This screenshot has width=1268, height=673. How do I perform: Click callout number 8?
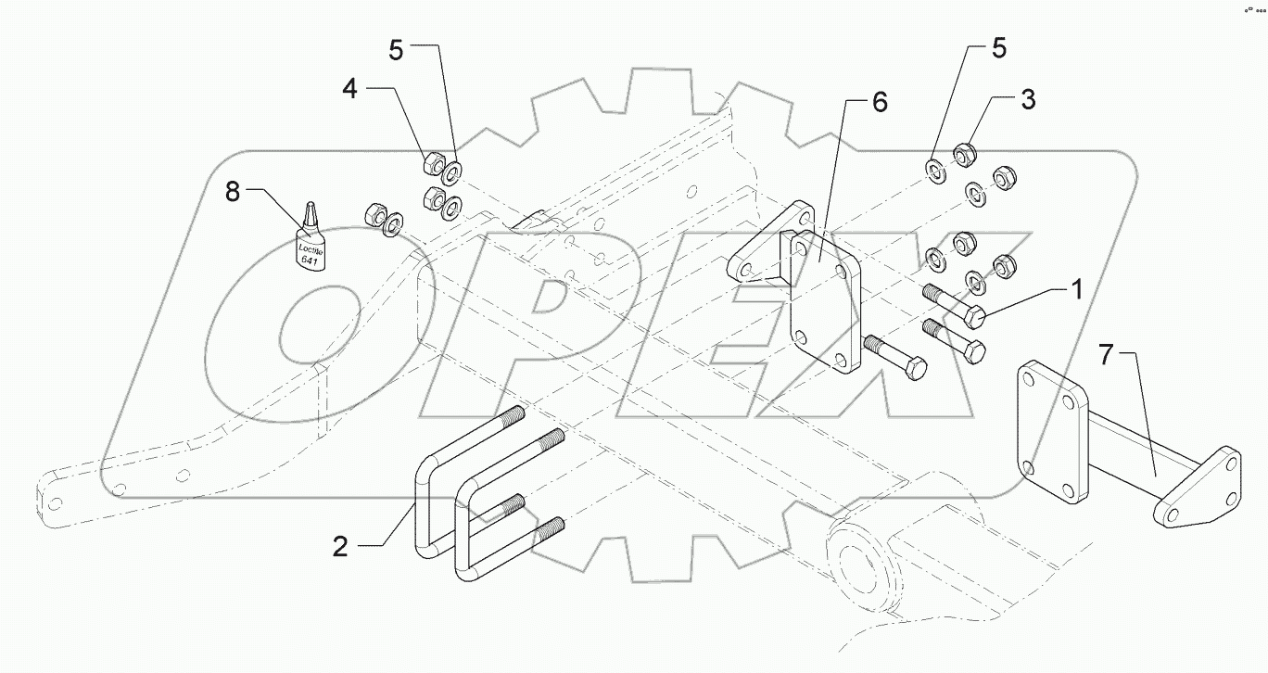232,193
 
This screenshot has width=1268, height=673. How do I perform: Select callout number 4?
349,89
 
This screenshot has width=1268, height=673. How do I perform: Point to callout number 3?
1028,99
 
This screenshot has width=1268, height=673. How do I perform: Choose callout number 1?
1076,291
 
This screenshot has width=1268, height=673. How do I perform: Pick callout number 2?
341,547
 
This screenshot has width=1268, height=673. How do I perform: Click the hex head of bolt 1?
972,320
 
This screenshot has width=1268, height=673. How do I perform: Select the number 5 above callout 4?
396,50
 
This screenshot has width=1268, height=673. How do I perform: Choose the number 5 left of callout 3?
998,48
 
